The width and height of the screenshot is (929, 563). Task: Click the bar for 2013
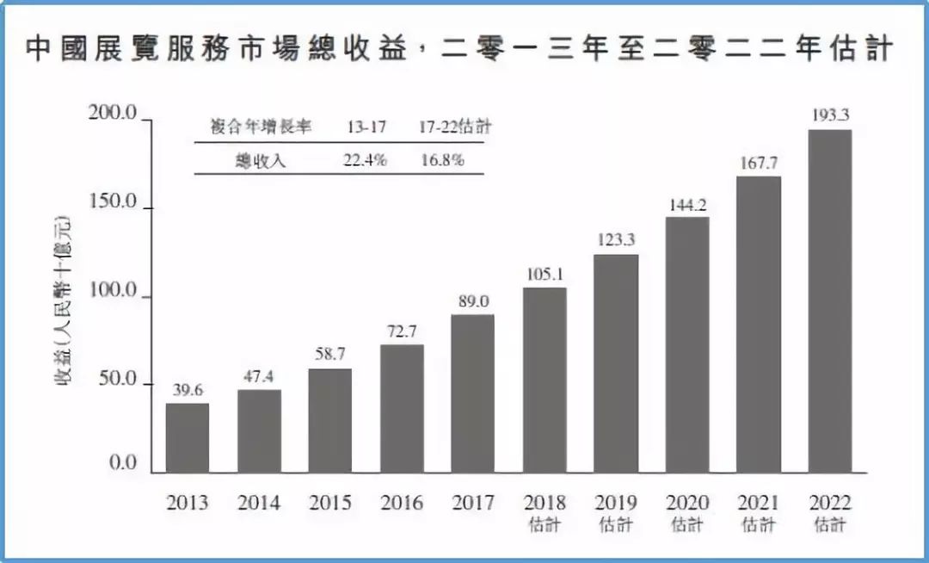[x=188, y=437]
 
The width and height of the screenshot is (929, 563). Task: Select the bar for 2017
[x=473, y=393]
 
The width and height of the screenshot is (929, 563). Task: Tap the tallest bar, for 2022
[x=830, y=300]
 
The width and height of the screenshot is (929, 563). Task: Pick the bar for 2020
[x=687, y=344]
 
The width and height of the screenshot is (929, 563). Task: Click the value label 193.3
[x=830, y=114]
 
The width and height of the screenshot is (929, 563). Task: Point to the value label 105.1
[x=544, y=274]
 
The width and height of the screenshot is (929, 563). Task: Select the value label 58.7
[x=330, y=355]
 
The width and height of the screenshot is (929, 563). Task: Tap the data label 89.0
[x=473, y=300]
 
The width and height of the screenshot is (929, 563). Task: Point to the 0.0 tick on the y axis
[x=124, y=464]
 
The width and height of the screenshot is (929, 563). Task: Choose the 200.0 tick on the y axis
[x=114, y=114]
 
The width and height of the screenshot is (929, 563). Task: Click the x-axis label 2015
[x=330, y=503]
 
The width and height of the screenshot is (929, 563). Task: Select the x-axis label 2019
[x=616, y=503]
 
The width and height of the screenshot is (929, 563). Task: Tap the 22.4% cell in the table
[x=365, y=160]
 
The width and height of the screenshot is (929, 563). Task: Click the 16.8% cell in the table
[x=442, y=160]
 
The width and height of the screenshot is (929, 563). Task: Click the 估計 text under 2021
[x=759, y=524]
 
